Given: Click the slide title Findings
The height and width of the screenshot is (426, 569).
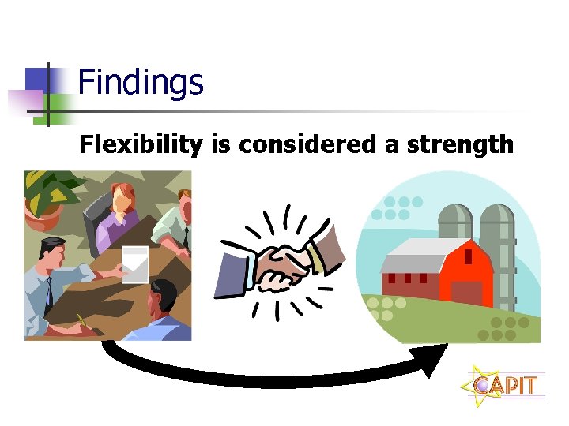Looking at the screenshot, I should (x=141, y=83).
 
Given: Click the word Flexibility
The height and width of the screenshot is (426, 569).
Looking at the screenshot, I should (x=141, y=145).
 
